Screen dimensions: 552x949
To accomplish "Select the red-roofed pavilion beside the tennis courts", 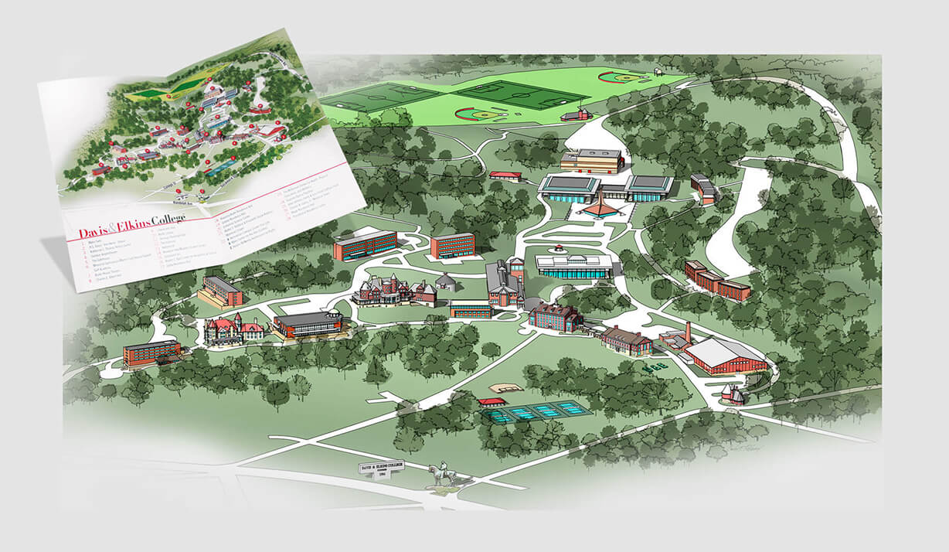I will pyautogui.click(x=492, y=403).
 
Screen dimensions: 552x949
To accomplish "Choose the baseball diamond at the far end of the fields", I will pyautogui.click(x=623, y=77).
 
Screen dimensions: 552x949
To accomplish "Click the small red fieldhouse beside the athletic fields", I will pyautogui.click(x=576, y=114).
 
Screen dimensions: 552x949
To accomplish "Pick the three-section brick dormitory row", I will pyautogui.click(x=716, y=280).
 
